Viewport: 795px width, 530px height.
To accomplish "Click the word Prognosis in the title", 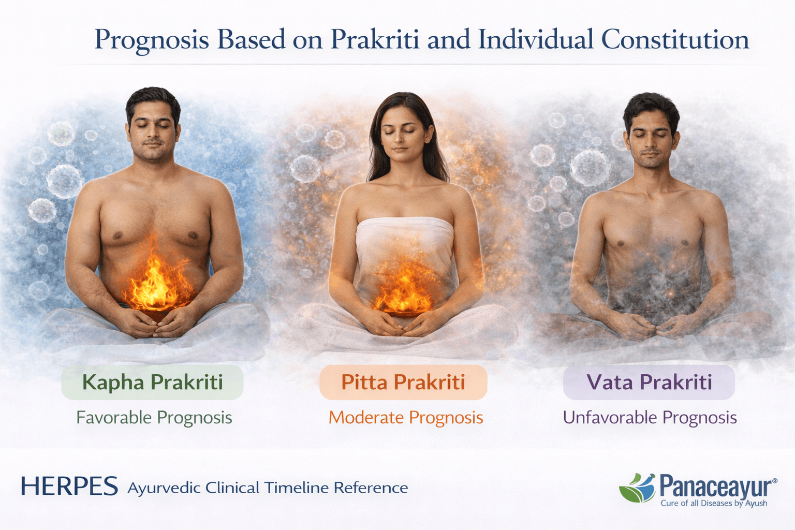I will click(x=152, y=40).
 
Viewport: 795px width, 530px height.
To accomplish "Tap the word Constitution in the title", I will click(x=675, y=40).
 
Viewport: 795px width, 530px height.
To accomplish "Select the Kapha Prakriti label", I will click(x=152, y=382).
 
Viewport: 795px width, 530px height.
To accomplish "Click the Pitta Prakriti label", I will click(x=403, y=382).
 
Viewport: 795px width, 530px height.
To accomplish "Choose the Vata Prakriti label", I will click(x=649, y=382).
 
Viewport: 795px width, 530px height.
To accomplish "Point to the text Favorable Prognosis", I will click(x=154, y=418).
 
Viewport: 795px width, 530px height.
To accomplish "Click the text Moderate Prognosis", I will click(x=406, y=418).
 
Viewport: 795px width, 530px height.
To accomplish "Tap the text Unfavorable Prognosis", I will click(x=650, y=418).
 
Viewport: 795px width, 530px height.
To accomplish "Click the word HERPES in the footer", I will click(x=69, y=487).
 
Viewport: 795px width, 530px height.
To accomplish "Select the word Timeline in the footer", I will click(x=297, y=488).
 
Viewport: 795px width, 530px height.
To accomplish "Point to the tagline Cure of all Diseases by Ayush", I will click(x=714, y=504).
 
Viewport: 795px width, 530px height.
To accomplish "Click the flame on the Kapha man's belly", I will click(x=155, y=282).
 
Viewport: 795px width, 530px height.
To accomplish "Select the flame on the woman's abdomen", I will click(x=404, y=290).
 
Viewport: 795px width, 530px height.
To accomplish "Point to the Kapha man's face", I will click(x=153, y=129).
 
